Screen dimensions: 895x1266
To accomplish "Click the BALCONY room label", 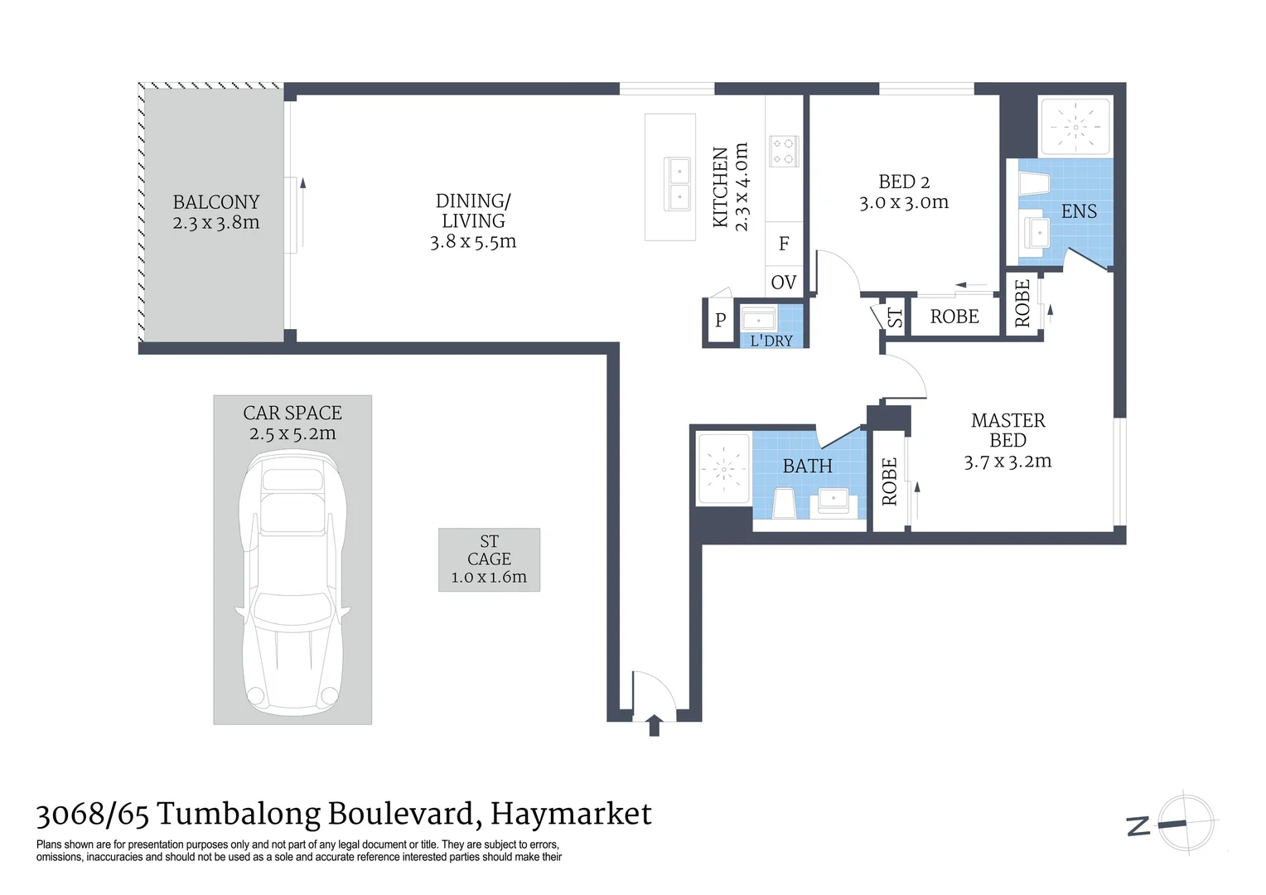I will pos(215,202).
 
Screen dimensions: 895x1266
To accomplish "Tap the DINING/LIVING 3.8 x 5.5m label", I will pos(472,221).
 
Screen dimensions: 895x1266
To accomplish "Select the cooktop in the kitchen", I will pos(783,150).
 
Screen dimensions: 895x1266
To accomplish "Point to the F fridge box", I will pos(783,244).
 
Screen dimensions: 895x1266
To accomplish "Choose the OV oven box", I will pos(783,283).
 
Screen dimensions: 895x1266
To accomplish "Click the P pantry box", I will pos(720,320).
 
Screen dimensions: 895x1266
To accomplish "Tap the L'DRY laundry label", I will pos(771,341).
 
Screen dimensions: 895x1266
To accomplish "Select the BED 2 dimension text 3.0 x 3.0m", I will pos(903,203).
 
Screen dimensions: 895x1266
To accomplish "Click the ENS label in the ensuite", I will pos(1078,211).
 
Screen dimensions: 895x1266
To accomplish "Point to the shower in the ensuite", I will pos(1075,128).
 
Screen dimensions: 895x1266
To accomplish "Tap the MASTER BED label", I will pos(1007,430).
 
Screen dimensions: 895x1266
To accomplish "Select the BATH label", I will pos(807,467).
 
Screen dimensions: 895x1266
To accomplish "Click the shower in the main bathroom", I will pos(723,469).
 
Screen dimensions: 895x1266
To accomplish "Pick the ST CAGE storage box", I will pos(489,559).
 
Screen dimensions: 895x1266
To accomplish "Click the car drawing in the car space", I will pos(292,580).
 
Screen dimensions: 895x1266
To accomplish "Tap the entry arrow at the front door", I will pos(654,725).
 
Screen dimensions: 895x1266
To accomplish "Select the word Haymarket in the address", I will pos(571,815).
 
